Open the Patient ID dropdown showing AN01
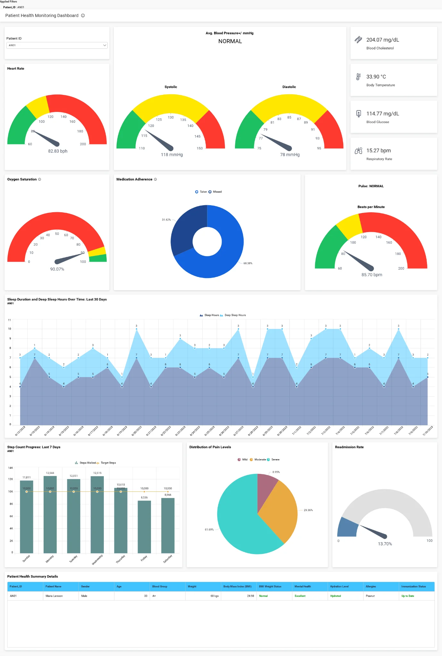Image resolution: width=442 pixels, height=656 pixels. (57, 45)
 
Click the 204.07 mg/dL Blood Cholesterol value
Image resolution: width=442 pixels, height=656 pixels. (382, 40)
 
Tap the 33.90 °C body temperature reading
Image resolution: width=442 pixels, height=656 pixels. (376, 77)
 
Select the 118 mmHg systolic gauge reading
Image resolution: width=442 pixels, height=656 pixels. (172, 155)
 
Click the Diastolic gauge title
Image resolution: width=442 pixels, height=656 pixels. (289, 87)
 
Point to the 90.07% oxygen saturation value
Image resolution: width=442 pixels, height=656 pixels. (57, 269)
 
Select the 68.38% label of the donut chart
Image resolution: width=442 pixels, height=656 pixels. (247, 263)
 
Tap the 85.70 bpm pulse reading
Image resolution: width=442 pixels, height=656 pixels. (371, 274)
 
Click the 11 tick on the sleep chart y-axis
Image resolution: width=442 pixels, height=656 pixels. (9, 320)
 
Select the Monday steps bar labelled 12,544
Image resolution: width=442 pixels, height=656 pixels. (50, 513)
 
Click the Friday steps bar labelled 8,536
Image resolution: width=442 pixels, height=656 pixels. (144, 526)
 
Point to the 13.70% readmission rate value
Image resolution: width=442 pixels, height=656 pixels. (385, 544)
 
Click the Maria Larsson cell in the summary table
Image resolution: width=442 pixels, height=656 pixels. (54, 596)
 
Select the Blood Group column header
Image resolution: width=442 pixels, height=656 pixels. (160, 586)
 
